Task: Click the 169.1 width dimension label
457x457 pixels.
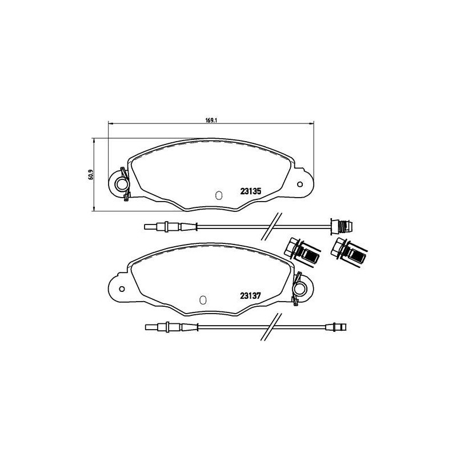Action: (211, 119)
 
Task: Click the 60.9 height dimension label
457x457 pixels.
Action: (90, 175)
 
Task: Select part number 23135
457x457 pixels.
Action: (250, 193)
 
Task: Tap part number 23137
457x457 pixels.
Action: (250, 295)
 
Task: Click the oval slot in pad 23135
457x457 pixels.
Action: (217, 195)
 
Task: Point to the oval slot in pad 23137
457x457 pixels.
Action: (202, 299)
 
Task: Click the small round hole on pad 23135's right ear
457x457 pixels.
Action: (299, 184)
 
